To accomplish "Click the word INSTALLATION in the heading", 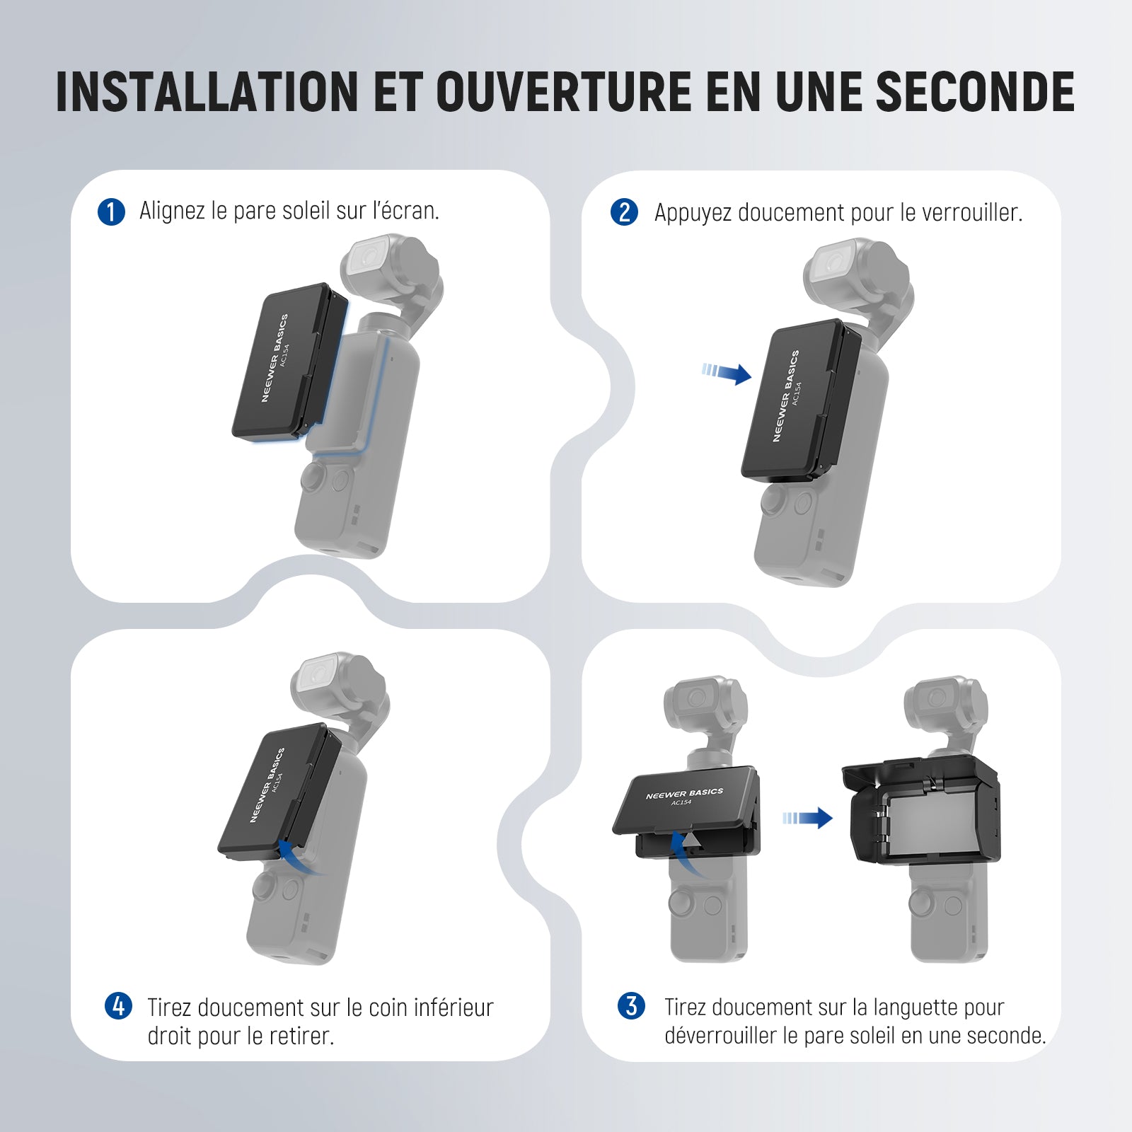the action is click(207, 92).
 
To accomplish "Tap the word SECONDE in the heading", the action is click(976, 92).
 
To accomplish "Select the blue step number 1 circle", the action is click(111, 212).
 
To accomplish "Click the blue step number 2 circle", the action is click(624, 212).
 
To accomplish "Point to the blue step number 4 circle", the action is click(118, 1006).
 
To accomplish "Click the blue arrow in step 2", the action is click(727, 372).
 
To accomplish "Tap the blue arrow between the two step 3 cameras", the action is click(807, 818).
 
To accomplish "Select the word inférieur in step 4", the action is click(454, 1007).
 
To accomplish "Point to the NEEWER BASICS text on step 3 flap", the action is click(684, 794).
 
